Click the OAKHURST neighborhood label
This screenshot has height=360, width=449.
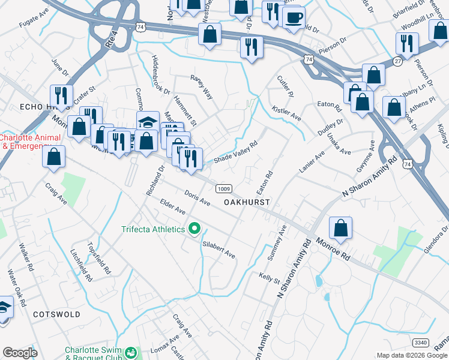tap(247, 203)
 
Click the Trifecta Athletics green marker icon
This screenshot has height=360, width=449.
tap(194, 229)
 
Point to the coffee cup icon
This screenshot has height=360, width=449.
tap(294, 17)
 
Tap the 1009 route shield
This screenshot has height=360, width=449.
tap(223, 188)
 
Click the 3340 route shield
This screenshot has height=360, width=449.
tap(421, 342)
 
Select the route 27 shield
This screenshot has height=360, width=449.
tap(398, 61)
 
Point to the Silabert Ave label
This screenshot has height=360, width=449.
tap(218, 250)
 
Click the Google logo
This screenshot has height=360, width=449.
tap(20, 353)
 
